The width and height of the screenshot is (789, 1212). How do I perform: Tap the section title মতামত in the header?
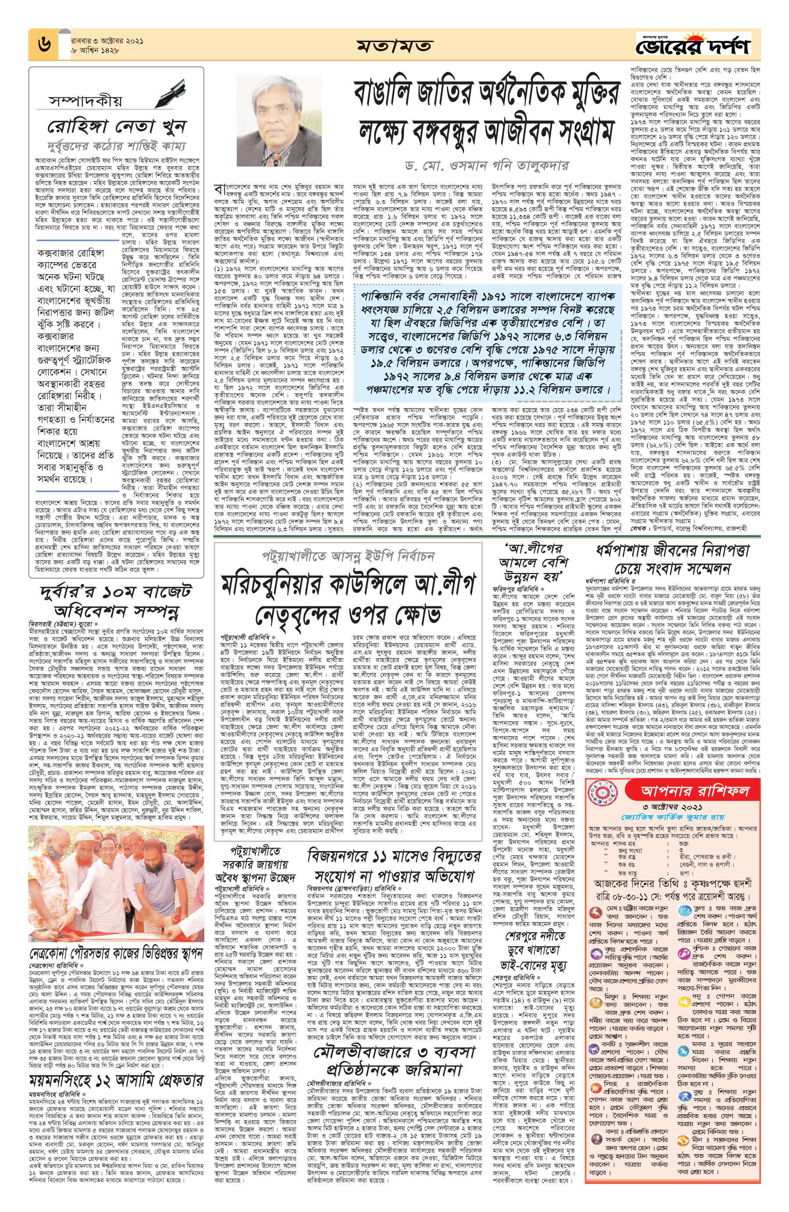395,46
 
